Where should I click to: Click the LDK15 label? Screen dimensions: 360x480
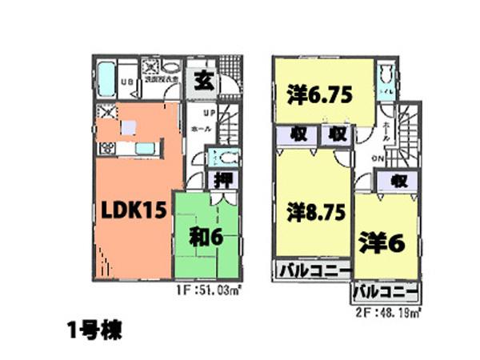(x=133, y=210)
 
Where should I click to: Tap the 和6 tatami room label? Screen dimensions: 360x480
(x=206, y=237)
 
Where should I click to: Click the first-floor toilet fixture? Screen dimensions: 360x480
(x=224, y=157)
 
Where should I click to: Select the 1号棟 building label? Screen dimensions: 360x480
(x=94, y=330)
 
